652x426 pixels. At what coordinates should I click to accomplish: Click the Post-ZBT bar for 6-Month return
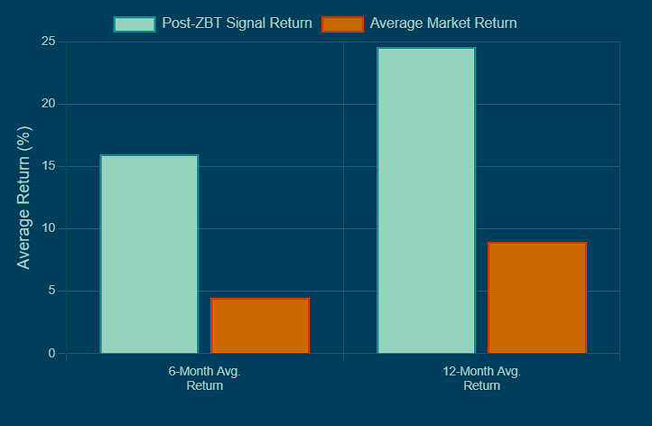click(149, 254)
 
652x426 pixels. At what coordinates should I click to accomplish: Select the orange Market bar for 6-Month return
click(260, 325)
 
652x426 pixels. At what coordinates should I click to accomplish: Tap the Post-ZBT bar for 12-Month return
click(426, 199)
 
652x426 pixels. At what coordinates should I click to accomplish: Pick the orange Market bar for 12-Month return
click(537, 297)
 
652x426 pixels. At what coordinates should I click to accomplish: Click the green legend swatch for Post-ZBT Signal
click(135, 23)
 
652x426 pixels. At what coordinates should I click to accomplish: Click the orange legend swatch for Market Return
click(342, 23)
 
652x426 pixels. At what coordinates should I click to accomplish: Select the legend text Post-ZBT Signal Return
click(238, 23)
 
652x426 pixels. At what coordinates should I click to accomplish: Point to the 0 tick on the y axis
click(51, 353)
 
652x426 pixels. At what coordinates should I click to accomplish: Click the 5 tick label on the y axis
click(51, 291)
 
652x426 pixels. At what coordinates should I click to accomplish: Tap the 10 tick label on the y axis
click(48, 228)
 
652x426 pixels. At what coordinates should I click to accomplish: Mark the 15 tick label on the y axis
click(48, 166)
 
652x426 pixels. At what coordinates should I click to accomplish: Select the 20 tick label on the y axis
click(48, 104)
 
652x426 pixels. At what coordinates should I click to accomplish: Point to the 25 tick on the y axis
click(48, 42)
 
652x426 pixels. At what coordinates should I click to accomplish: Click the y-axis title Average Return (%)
click(24, 198)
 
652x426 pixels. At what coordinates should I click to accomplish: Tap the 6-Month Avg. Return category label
click(204, 378)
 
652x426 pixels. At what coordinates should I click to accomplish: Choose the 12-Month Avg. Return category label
click(481, 378)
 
